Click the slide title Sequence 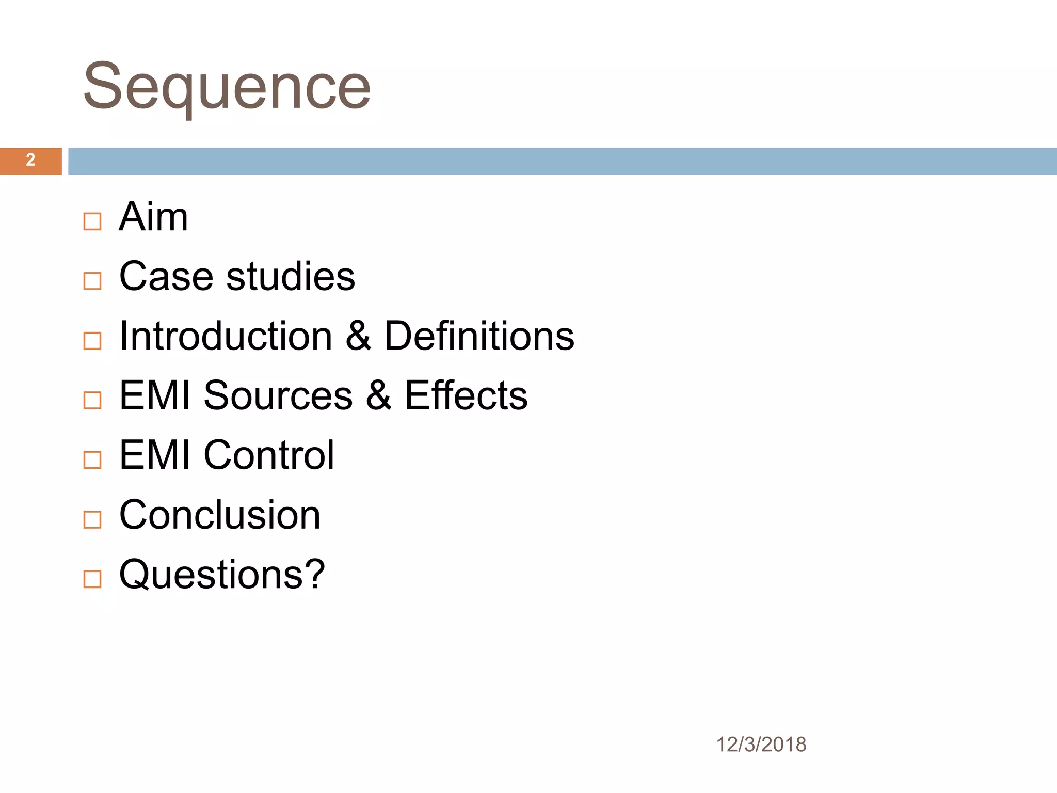227,86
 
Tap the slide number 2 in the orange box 30,160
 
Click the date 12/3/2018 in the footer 761,744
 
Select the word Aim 153,217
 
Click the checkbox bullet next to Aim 92,221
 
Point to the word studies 291,276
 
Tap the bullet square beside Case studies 92,281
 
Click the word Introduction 226,336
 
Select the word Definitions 479,336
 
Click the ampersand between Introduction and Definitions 358,336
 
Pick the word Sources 278,395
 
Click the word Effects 466,395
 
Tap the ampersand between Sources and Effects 378,395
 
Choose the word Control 269,455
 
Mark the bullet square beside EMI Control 92,460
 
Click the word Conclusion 220,515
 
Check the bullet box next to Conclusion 92,519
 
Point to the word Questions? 222,574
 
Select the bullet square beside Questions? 92,579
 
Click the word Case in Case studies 166,276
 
